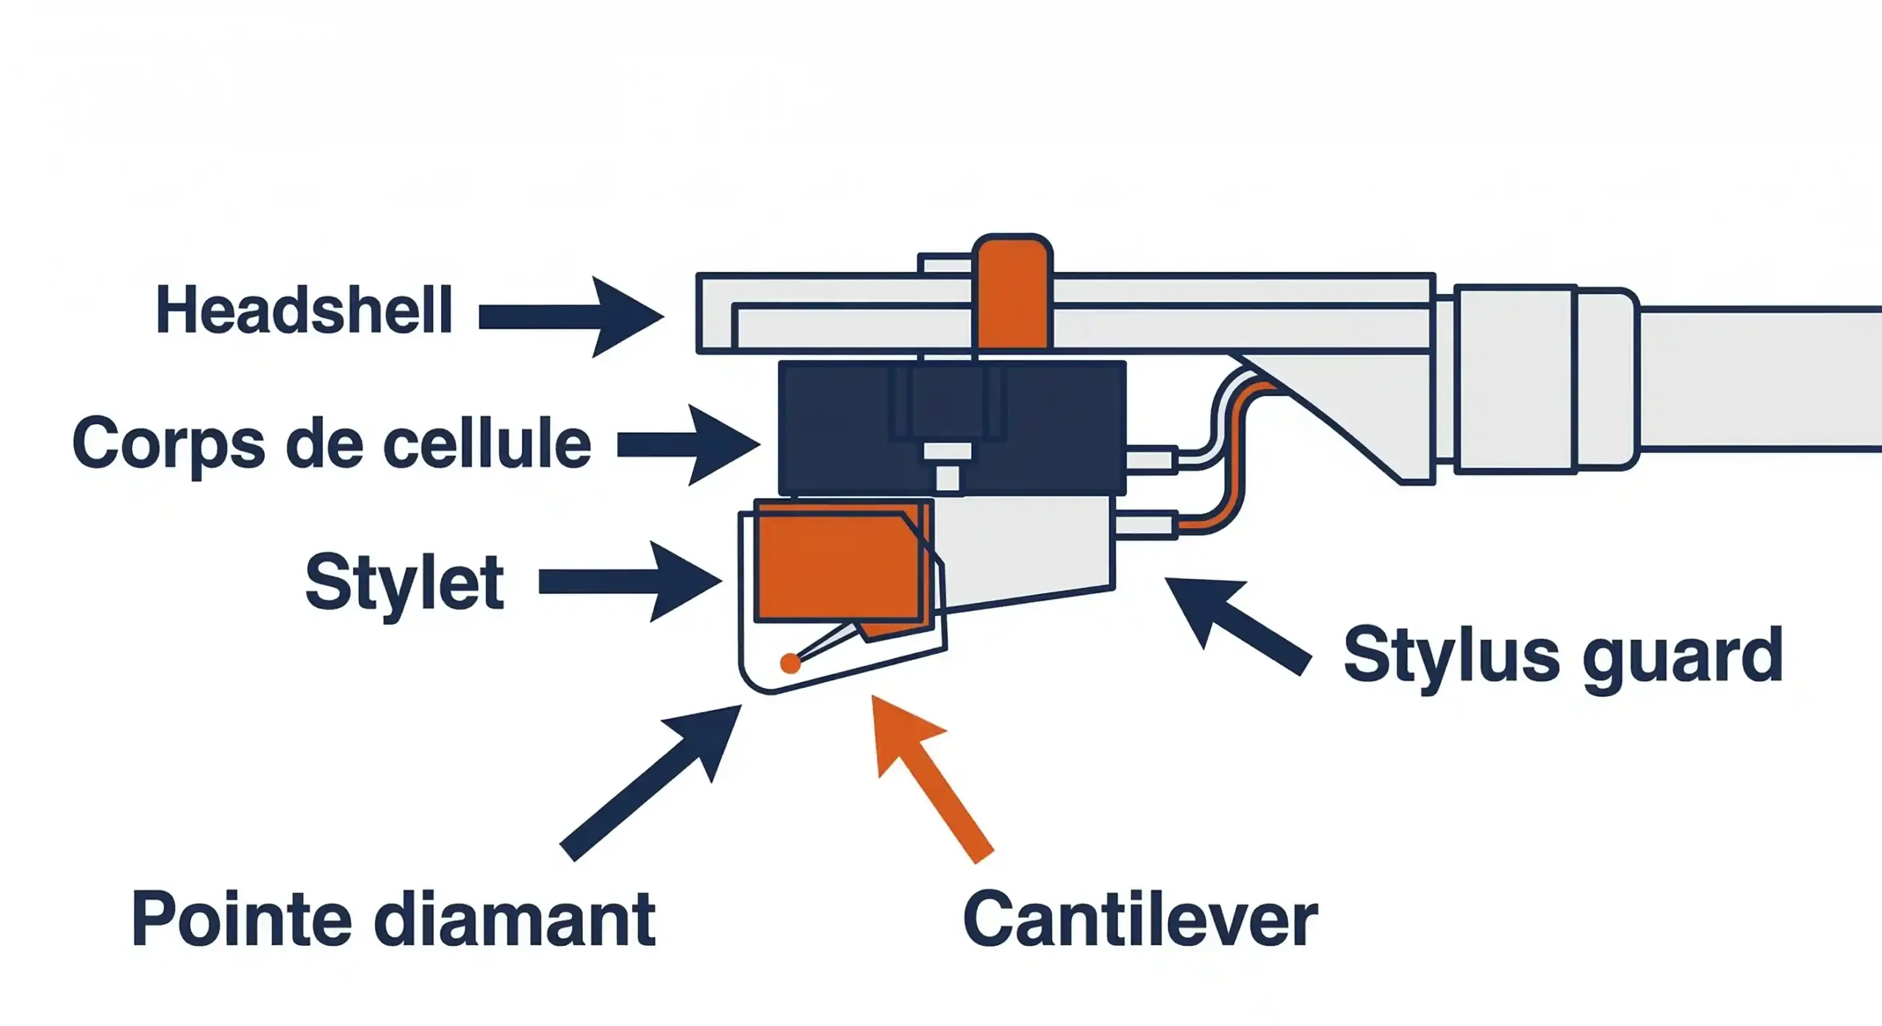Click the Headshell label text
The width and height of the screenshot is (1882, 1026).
tap(304, 311)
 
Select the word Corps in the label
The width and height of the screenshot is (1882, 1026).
tap(168, 443)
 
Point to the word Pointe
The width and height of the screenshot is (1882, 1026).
tap(241, 920)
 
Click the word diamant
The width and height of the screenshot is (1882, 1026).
tap(515, 920)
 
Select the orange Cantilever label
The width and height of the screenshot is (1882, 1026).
tap(1140, 920)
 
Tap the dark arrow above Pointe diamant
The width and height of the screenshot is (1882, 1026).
tap(654, 779)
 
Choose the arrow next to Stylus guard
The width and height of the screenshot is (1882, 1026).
tap(1235, 625)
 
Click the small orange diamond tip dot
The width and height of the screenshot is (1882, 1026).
tap(790, 664)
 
